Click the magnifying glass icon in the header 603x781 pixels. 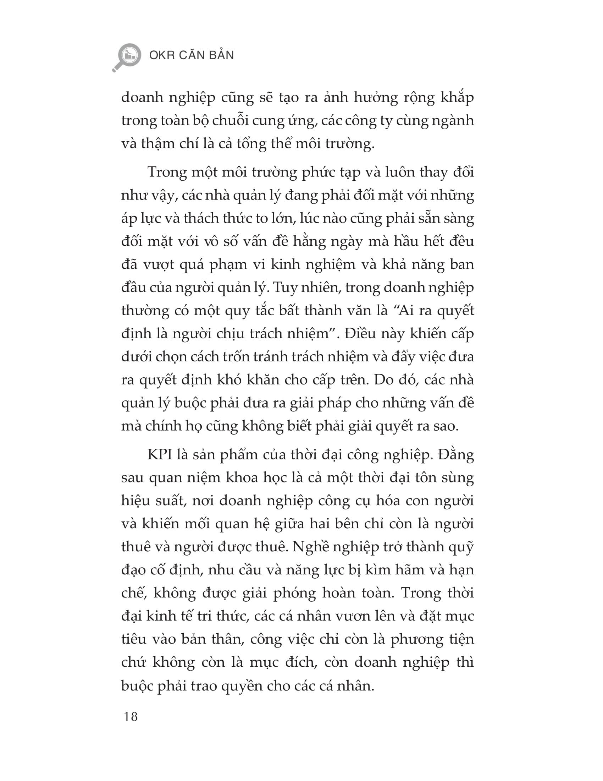[127, 57]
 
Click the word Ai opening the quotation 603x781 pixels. [405, 310]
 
